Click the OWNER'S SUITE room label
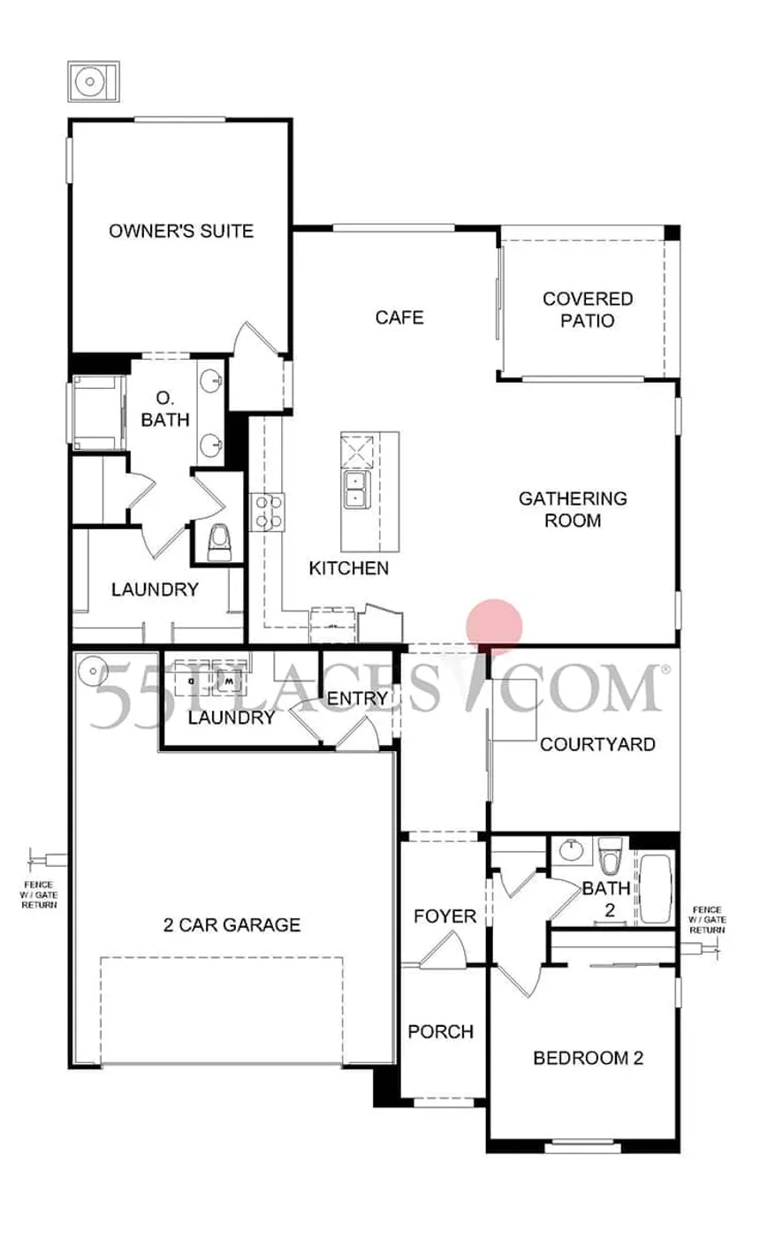(181, 232)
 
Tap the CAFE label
(399, 316)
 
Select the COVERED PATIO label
(587, 309)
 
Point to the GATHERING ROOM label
(573, 509)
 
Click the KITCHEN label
(348, 568)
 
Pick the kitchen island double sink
(356, 489)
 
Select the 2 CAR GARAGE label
(232, 925)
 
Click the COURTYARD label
(597, 744)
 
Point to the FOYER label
(445, 916)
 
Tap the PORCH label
(440, 1031)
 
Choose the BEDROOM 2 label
(588, 1058)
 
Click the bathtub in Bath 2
(656, 888)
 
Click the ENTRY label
(358, 699)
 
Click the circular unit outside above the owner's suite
(90, 82)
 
